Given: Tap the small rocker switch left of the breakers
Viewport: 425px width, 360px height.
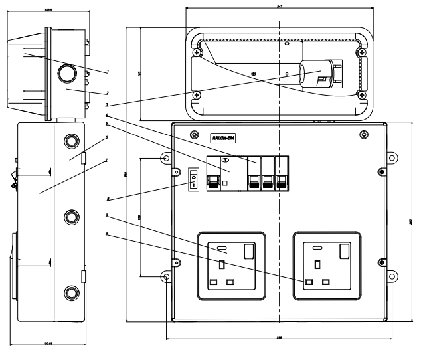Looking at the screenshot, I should pyautogui.click(x=194, y=179).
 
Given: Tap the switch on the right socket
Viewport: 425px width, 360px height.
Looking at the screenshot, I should pyautogui.click(x=344, y=251).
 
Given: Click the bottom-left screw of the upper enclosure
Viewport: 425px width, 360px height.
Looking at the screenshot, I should pyautogui.click(x=196, y=95).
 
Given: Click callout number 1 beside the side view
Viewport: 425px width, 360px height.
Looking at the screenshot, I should pyautogui.click(x=108, y=71).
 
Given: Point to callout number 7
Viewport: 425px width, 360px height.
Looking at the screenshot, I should pyautogui.click(x=107, y=160).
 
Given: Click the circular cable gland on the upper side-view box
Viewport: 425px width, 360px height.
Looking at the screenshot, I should pyautogui.click(x=68, y=74).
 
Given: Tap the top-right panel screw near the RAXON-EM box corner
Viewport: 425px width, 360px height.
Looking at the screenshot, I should pyautogui.click(x=363, y=135).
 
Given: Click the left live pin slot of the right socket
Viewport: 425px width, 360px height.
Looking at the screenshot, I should pyautogui.click(x=309, y=282).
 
